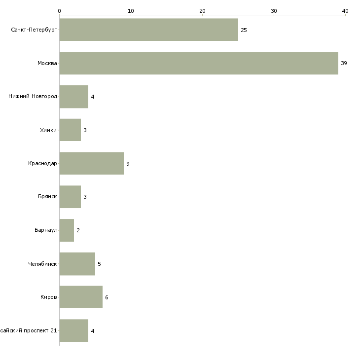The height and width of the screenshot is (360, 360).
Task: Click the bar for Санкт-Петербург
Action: click(x=148, y=30)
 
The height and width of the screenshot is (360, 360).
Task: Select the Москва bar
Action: click(x=199, y=63)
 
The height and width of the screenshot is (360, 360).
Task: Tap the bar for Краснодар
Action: click(x=91, y=163)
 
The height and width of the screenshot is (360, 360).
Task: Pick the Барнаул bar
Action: click(x=67, y=230)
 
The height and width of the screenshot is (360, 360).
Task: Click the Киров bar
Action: click(x=81, y=297)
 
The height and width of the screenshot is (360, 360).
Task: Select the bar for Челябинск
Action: click(x=77, y=264)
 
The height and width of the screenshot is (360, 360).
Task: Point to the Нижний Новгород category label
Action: click(x=33, y=97)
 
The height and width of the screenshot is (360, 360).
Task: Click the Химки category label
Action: click(x=48, y=130)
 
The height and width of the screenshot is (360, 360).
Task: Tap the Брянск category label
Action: click(x=47, y=197)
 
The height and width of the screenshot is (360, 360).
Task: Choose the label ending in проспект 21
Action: click(x=29, y=330)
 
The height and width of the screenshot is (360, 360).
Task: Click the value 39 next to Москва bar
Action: click(x=344, y=63)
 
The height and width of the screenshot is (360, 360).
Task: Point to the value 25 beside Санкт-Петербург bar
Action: click(x=244, y=30)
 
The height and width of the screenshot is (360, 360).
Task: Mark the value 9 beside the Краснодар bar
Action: click(x=128, y=164)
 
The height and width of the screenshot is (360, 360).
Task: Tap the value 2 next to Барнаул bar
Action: click(x=78, y=230)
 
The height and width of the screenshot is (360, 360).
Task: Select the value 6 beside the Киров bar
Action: click(x=107, y=297)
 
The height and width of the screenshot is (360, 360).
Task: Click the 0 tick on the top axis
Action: click(x=59, y=11)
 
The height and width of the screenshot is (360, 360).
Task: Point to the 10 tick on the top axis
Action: click(x=131, y=11)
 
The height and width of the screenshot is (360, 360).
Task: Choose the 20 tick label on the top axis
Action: click(x=202, y=11)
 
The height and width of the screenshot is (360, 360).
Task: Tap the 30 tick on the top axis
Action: click(x=274, y=11)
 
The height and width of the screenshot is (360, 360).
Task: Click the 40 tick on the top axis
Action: click(x=345, y=11)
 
